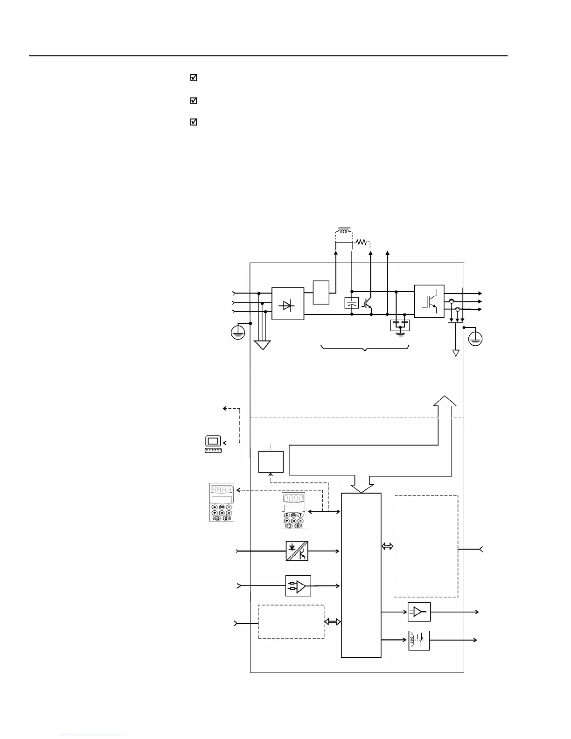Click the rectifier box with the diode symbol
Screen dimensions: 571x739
click(287, 303)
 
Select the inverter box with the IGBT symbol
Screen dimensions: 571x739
click(429, 301)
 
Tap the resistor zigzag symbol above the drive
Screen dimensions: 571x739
click(362, 242)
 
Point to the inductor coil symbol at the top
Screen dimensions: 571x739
click(344, 230)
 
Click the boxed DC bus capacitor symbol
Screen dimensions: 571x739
click(351, 303)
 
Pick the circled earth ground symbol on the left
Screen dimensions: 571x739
click(238, 332)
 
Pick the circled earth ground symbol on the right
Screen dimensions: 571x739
click(475, 339)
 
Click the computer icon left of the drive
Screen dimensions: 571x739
click(213, 444)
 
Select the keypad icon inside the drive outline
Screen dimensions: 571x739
click(293, 510)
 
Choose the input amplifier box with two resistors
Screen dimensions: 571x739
click(298, 586)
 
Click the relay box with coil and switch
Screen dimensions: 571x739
click(419, 641)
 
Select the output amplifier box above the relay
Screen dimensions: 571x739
click(419, 612)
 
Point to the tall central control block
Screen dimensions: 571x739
click(361, 575)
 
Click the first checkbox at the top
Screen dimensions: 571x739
click(194, 78)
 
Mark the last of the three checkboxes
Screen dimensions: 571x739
click(194, 122)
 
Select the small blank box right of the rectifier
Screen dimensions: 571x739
click(321, 293)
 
